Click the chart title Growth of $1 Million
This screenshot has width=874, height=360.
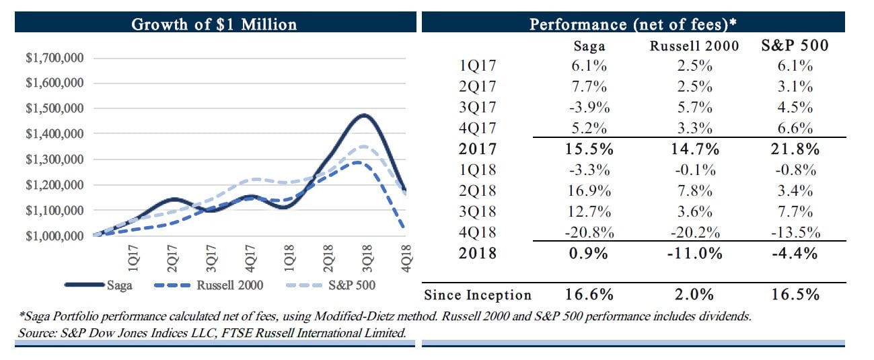213,25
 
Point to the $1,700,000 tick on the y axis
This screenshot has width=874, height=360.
54,58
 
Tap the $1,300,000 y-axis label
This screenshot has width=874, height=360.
54,159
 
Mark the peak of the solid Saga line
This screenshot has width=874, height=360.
363,115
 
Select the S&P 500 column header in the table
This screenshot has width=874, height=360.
795,47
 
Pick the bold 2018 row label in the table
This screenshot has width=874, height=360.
478,254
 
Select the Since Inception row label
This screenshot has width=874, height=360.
478,295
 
